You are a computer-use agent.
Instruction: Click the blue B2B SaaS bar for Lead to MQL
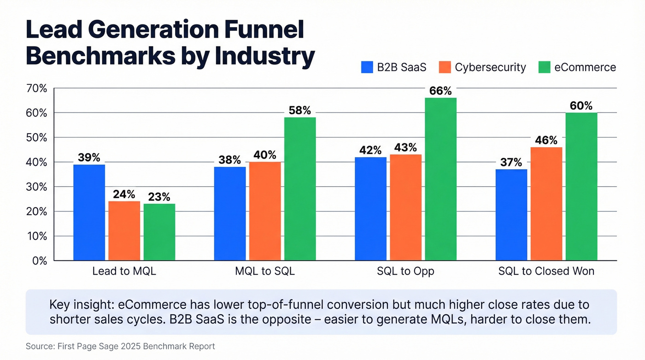coord(89,212)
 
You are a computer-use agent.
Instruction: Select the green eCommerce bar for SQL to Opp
coord(440,179)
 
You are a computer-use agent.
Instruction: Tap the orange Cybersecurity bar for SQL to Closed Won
coord(546,204)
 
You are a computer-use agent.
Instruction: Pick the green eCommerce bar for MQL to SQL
coord(300,189)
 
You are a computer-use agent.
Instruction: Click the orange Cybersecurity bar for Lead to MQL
coord(124,231)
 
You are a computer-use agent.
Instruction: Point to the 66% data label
coord(440,91)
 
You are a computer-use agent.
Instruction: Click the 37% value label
coord(511,162)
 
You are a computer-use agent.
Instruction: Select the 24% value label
coord(124,194)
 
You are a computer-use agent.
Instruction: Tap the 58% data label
coord(300,111)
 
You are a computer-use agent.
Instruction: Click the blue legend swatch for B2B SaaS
coord(367,67)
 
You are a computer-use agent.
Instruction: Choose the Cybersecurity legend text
coord(490,67)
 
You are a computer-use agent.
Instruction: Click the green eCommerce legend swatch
coord(544,67)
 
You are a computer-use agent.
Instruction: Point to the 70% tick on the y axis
coord(37,88)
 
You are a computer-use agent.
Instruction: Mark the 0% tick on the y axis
coord(40,261)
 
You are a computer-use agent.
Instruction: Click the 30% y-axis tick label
coord(37,187)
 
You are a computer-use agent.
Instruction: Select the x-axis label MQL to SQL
coord(264,271)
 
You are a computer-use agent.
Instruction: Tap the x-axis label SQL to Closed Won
coord(546,271)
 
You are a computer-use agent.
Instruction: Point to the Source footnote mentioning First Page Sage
coord(120,346)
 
